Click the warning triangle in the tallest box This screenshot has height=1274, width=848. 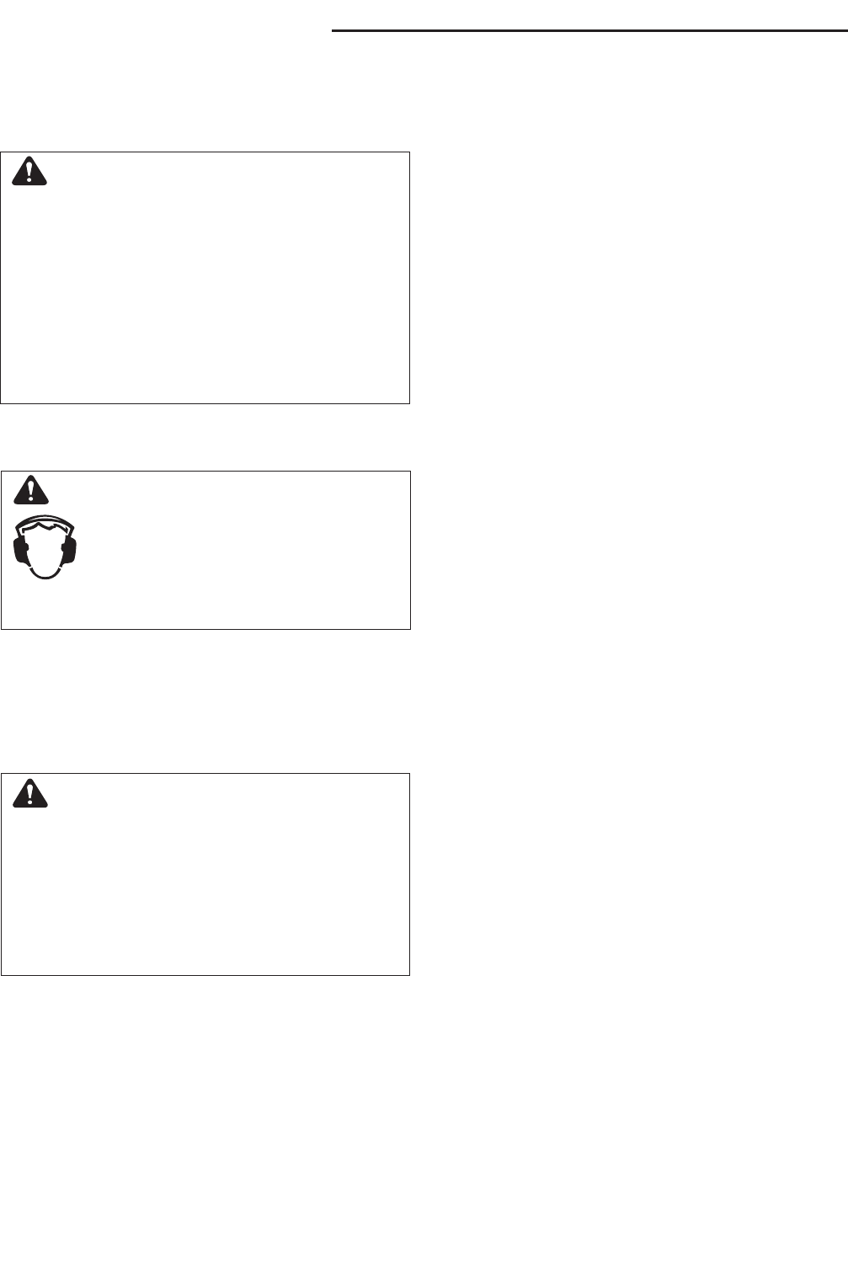(31, 173)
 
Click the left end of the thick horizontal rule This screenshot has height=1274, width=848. (333, 31)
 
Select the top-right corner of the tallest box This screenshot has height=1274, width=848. (409, 152)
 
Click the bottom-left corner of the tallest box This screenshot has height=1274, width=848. (2, 402)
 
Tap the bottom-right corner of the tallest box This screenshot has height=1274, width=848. (409, 402)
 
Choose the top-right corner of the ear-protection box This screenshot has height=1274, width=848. (409, 472)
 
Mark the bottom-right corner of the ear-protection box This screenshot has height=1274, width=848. (409, 628)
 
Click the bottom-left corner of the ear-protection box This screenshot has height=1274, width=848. (2, 628)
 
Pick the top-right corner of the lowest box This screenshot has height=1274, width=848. (409, 774)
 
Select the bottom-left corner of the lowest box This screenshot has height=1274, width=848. (2, 974)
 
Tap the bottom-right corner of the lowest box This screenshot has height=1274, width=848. (409, 974)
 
